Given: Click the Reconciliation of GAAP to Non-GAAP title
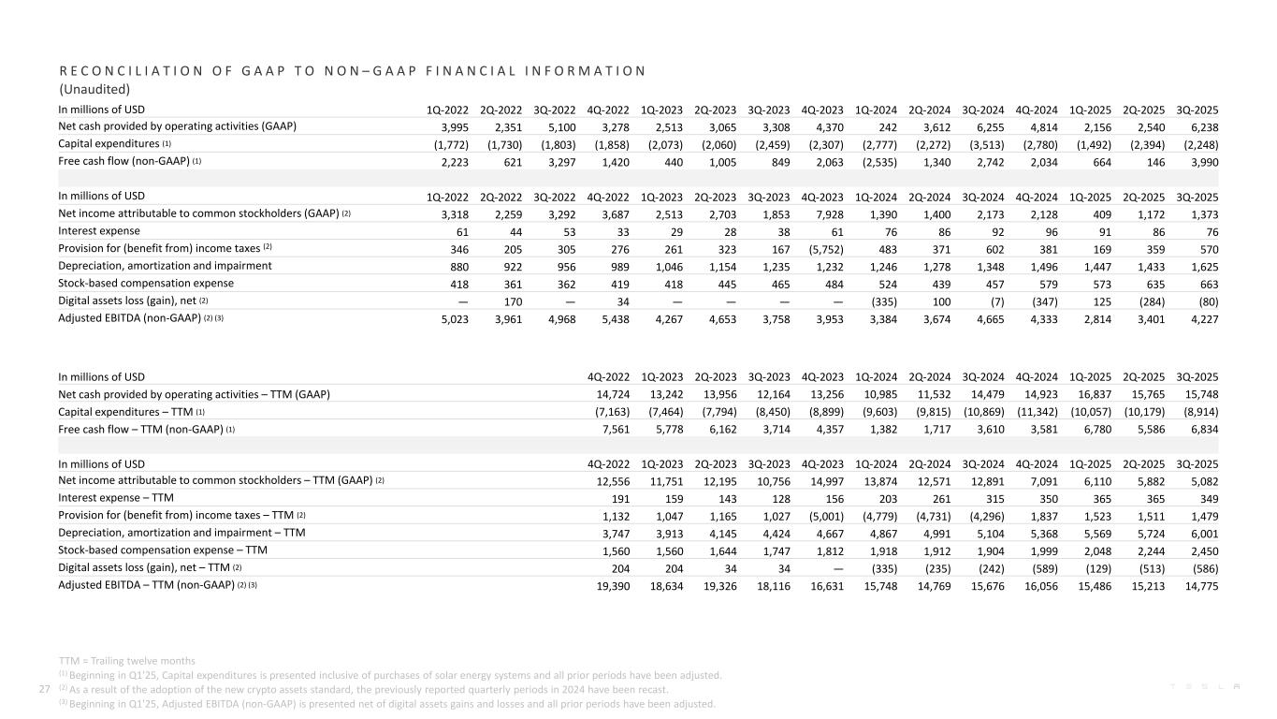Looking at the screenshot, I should coord(352,71).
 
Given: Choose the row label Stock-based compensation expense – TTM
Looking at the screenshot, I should coord(163,550).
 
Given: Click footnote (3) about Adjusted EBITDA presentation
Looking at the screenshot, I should coord(387,704).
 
